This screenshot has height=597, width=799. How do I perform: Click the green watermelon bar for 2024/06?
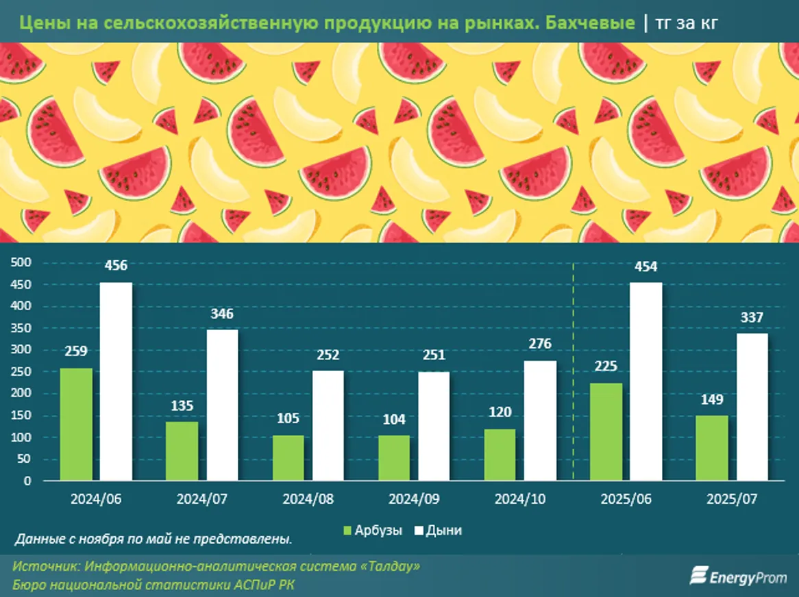(x=76, y=424)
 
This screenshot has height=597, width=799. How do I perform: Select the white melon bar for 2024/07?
(x=222, y=405)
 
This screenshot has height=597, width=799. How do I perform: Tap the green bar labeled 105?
(x=288, y=457)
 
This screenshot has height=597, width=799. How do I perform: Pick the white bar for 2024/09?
(x=434, y=426)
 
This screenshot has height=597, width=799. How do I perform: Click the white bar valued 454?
(x=646, y=381)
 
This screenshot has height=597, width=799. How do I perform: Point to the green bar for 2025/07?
(x=713, y=448)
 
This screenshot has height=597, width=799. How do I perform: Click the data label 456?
(x=116, y=266)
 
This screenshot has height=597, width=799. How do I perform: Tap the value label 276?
(x=539, y=344)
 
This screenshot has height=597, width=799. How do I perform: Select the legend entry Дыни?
(x=438, y=531)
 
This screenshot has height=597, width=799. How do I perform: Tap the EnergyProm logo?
(x=738, y=576)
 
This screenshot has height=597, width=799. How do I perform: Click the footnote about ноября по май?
(x=152, y=539)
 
